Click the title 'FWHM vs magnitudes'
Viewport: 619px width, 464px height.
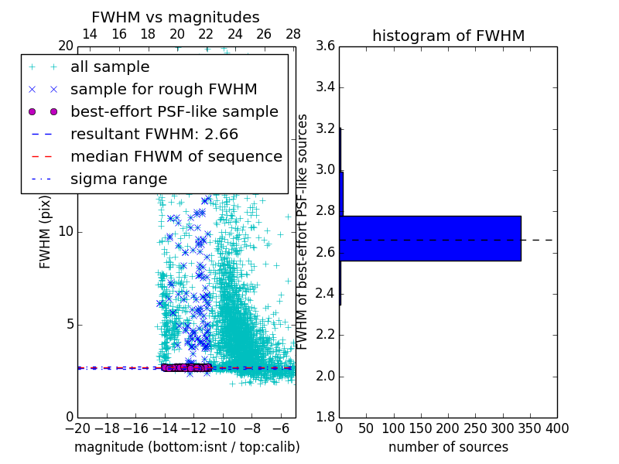[x=176, y=17]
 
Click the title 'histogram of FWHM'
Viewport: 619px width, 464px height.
[x=448, y=36]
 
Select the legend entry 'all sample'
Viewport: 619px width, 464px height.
[x=110, y=67]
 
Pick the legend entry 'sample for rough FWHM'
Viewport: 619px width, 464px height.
[x=164, y=90]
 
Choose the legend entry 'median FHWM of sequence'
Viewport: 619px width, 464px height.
[x=176, y=156]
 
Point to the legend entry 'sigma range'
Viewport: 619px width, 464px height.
[x=118, y=179]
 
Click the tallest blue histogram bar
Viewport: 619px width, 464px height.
[x=430, y=238]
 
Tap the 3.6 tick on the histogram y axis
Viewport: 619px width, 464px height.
[x=325, y=46]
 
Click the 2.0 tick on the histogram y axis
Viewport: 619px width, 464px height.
[x=325, y=377]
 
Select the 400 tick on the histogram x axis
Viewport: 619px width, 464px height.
[x=557, y=428]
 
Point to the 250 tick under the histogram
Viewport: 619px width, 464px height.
[x=476, y=428]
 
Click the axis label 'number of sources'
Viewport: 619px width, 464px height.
[x=448, y=447]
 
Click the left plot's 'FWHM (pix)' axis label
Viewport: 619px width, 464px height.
[x=46, y=232]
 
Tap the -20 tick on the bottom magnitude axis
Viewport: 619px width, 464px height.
[x=77, y=428]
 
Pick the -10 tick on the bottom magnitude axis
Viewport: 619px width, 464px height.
[x=223, y=428]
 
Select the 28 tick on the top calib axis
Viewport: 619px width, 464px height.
[x=293, y=34]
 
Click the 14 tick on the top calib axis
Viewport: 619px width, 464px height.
[x=90, y=34]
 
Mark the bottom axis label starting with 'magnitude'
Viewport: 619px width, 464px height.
[x=186, y=447]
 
